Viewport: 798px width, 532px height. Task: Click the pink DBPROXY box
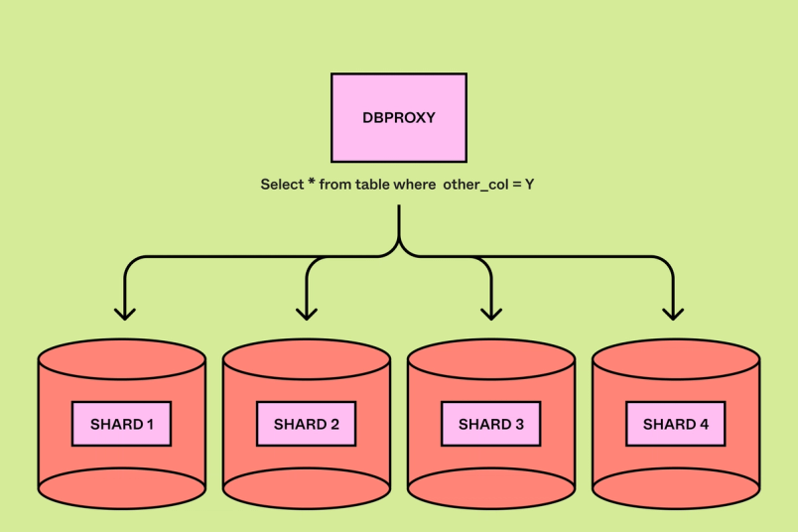[398, 117]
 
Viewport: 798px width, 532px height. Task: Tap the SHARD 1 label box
[121, 424]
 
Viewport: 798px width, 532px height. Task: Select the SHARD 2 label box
[306, 424]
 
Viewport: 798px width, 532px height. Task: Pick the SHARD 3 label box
[490, 424]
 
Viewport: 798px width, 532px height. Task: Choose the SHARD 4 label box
[675, 424]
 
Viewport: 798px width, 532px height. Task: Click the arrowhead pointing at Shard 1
[124, 313]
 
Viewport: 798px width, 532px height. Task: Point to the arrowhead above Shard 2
[307, 313]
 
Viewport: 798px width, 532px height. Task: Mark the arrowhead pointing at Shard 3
[491, 313]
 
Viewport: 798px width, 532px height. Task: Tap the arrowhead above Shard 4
[673, 313]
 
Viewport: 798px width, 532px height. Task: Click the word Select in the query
[282, 185]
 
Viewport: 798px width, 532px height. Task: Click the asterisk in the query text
[311, 183]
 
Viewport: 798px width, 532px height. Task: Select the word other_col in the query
[474, 185]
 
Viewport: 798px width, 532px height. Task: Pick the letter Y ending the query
[530, 185]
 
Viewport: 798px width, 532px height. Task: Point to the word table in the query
[373, 185]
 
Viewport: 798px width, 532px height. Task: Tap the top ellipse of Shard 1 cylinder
[121, 357]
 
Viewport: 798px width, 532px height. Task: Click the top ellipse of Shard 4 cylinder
[675, 357]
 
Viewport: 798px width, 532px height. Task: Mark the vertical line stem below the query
[399, 223]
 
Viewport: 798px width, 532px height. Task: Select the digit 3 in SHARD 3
[518, 424]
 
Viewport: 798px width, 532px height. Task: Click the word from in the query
[336, 185]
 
